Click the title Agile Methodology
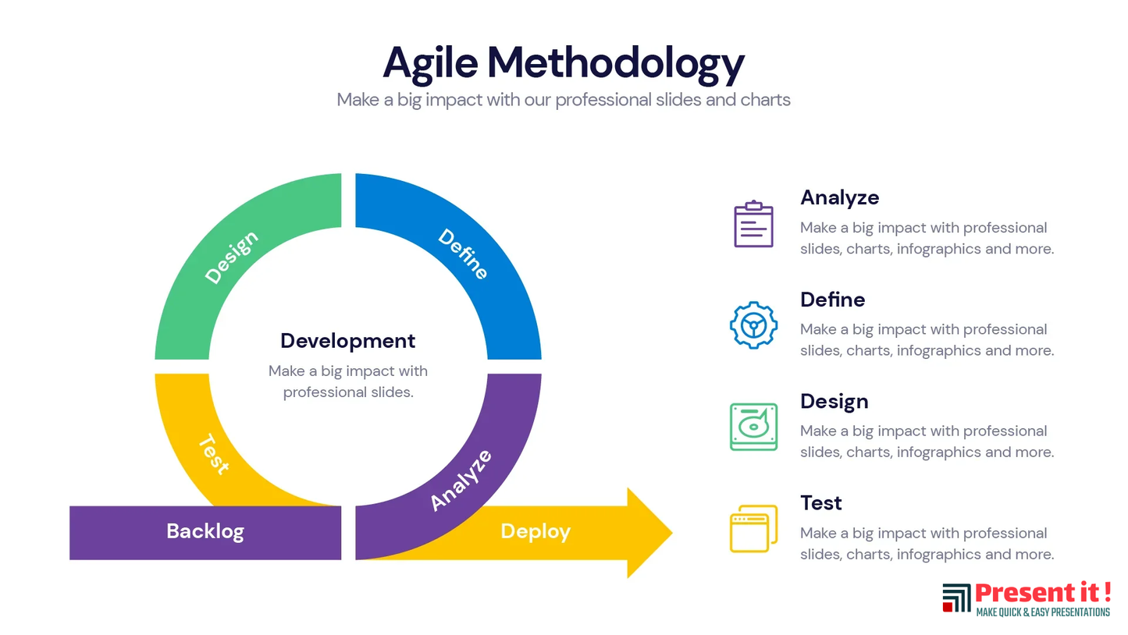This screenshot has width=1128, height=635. tap(564, 64)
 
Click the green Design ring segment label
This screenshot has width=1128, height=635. tap(232, 257)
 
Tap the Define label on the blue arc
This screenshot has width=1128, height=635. tap(463, 254)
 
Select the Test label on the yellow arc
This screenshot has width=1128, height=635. tap(215, 454)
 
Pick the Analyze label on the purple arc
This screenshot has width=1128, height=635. tap(461, 481)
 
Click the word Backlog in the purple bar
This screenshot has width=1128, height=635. tap(205, 531)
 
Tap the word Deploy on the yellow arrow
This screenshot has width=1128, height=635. tap(536, 531)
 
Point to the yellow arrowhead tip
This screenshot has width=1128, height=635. tap(672, 532)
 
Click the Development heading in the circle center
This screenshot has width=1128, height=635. tap(348, 341)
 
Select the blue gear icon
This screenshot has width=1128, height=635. tap(753, 325)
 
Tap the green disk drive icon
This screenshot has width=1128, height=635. tap(753, 427)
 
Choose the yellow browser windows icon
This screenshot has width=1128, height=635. tap(753, 529)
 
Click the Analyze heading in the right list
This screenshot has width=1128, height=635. tap(839, 197)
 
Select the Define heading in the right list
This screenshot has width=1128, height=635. tap(832, 300)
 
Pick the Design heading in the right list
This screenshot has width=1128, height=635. tap(834, 402)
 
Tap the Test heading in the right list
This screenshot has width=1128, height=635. tap(820, 503)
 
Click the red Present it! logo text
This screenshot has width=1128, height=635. tap(1043, 593)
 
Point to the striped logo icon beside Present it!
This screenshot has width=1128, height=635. tap(956, 598)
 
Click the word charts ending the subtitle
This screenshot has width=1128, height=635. tap(765, 100)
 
